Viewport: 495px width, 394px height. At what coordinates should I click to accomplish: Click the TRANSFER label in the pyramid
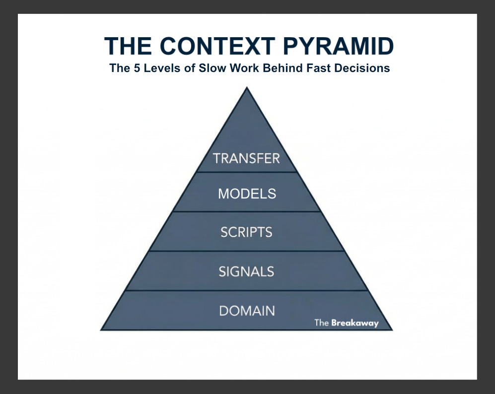246,158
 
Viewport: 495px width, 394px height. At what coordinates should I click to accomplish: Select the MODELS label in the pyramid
247,194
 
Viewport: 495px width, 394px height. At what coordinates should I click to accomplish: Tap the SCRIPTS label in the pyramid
246,232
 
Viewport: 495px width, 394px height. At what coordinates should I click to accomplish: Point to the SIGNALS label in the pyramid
246,271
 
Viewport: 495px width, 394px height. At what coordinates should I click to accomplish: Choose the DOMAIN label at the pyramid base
247,311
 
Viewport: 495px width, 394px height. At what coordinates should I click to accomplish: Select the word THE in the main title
129,47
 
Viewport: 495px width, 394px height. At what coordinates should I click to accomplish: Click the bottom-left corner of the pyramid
101,329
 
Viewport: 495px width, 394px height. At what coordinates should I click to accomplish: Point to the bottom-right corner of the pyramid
392,329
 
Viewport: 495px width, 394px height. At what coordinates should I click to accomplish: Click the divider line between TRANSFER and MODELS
247,172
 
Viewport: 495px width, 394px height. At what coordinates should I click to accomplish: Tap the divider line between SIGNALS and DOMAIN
247,291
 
